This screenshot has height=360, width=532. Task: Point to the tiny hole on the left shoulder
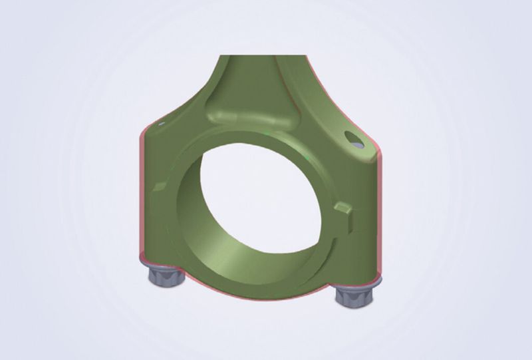coord(160,124)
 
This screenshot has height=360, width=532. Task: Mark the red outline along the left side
coord(140,200)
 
